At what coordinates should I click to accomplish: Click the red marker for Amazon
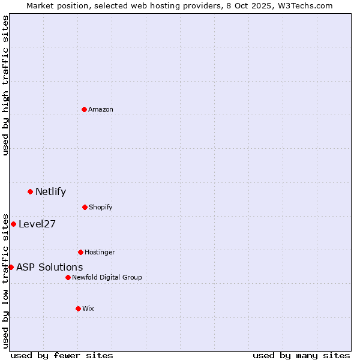coord(84,109)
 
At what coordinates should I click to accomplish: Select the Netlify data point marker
coord(30,191)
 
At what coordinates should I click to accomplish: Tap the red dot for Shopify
coord(85,207)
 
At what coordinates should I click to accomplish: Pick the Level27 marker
coord(13,224)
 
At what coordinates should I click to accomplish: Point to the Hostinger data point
coord(80,252)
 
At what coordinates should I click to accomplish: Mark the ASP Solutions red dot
coord(11,267)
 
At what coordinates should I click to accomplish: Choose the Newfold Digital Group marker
coord(68,277)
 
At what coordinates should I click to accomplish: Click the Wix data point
coord(78,308)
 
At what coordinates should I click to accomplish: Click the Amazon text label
coord(101,109)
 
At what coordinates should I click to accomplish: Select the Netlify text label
coord(50,192)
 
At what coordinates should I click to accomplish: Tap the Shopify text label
coord(101,207)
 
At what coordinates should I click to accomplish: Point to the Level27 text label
coord(37,224)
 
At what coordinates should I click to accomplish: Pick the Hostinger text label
coord(100,252)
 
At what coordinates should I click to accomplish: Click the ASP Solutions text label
coord(49,268)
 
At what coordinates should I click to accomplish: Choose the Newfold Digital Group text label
coord(107,277)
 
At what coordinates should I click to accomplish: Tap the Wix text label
coord(88,308)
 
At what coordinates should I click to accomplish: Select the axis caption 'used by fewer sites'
coord(62,355)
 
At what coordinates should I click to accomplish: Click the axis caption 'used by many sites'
coord(301,355)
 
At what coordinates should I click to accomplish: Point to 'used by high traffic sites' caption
coord(5,85)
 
